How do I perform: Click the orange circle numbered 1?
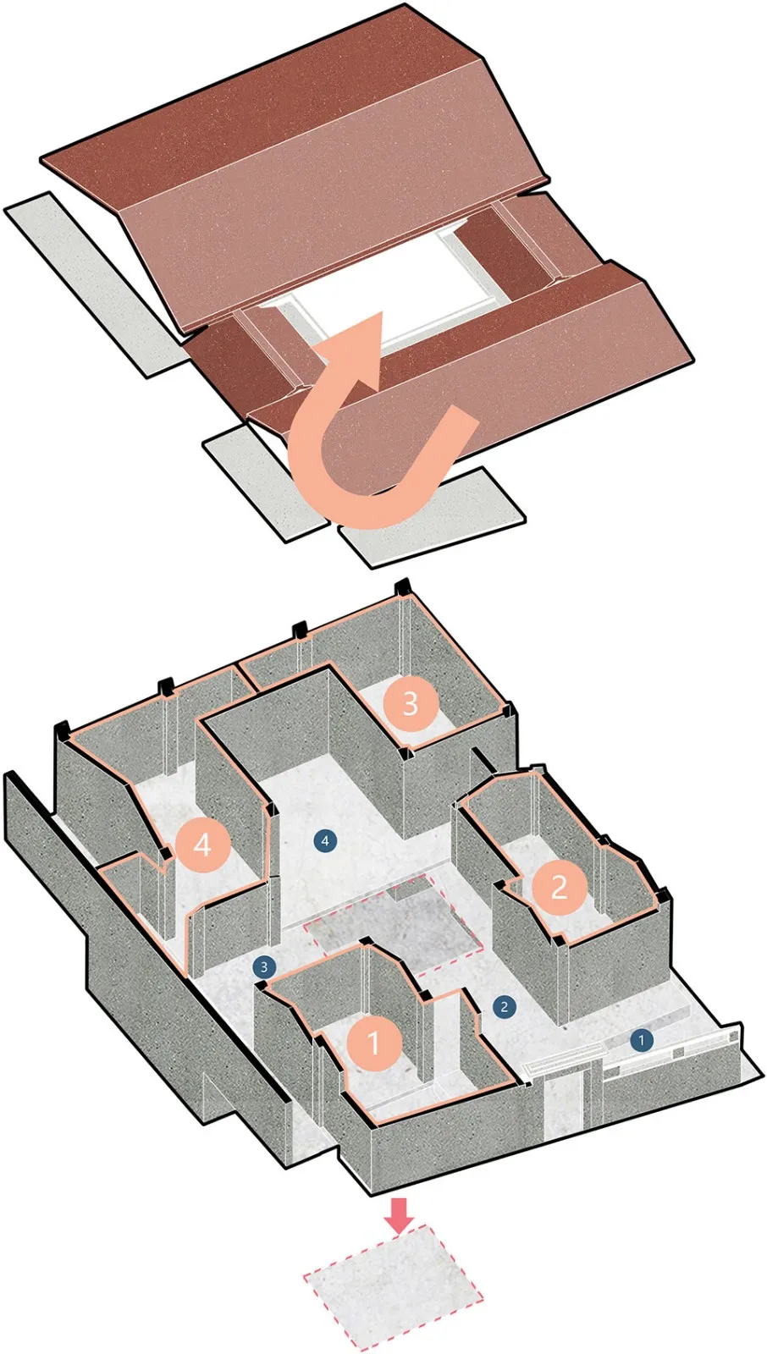tap(374, 1043)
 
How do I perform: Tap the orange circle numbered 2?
tap(559, 886)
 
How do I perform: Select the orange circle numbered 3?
tap(411, 703)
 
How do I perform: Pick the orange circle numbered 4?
tap(202, 845)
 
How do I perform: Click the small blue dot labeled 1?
tap(642, 1039)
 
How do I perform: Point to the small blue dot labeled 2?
tap(505, 1007)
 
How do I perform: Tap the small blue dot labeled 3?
tap(264, 966)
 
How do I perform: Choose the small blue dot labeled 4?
tap(325, 840)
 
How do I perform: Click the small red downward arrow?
tap(399, 1214)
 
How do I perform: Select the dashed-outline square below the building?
tap(393, 1286)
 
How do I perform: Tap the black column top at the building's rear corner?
tap(403, 586)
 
